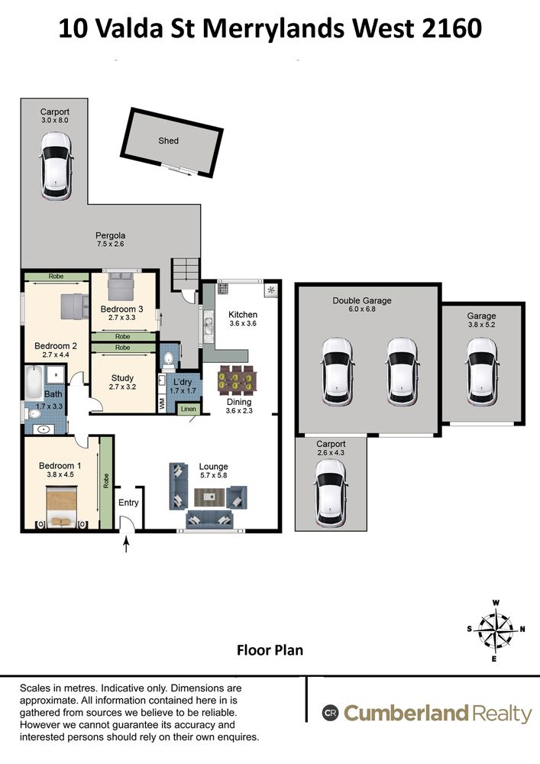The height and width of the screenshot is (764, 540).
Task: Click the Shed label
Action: click(x=169, y=141)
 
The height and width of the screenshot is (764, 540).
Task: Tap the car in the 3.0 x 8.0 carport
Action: click(x=56, y=166)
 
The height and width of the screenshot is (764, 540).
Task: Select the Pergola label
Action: click(x=111, y=235)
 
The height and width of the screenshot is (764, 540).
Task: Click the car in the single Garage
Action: click(x=481, y=372)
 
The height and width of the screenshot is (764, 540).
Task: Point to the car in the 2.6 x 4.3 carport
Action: click(x=331, y=493)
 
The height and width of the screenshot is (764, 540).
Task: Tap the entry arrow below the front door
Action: click(x=127, y=544)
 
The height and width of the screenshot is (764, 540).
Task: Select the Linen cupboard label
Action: click(x=189, y=409)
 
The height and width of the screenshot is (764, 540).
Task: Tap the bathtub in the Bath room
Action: click(x=34, y=383)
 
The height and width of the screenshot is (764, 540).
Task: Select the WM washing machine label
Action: click(x=162, y=403)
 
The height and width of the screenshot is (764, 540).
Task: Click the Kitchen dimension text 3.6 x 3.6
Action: click(x=242, y=323)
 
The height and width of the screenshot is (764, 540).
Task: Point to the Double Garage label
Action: click(x=362, y=300)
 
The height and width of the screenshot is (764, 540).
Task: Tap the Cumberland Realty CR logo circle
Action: click(x=330, y=713)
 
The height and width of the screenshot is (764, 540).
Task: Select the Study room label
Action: click(x=122, y=378)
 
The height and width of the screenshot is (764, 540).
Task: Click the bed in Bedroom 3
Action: click(x=120, y=286)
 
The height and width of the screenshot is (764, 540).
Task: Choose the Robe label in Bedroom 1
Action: click(x=106, y=481)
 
